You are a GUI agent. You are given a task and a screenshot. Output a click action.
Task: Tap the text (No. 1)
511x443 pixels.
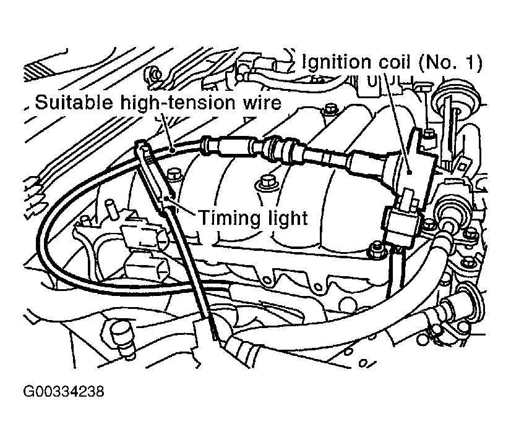point(450,62)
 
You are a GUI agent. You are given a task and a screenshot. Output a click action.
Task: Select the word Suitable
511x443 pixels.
point(74,102)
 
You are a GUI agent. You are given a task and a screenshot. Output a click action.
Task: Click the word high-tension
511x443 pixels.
point(178,103)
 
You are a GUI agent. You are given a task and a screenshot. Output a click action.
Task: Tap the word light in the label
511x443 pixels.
point(281,218)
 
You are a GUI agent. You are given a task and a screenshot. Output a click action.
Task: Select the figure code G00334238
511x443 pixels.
point(64,391)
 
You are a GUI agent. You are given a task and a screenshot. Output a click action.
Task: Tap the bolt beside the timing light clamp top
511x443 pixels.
point(174,175)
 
